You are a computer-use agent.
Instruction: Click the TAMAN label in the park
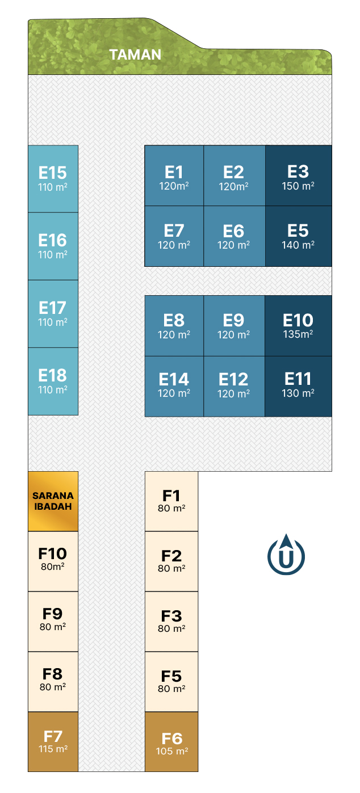point(135,54)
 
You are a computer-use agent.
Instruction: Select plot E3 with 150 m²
point(299,175)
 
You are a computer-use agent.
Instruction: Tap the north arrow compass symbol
point(286,554)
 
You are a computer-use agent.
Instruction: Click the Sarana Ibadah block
point(53,501)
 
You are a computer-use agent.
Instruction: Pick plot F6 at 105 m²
point(171,741)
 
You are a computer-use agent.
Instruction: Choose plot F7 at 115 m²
point(53,741)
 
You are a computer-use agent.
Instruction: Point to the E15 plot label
point(52,173)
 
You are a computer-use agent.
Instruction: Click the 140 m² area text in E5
point(298,245)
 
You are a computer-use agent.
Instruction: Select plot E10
point(298,326)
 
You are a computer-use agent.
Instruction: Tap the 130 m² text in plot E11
point(298,393)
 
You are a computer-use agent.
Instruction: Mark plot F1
point(171,501)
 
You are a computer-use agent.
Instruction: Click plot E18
point(53,381)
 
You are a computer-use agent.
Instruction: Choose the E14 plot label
point(174,379)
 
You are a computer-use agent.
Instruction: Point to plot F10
point(53,561)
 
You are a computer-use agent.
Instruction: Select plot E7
point(174,236)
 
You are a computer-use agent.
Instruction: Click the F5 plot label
point(171,676)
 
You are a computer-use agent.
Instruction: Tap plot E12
point(234,386)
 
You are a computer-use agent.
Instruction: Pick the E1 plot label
point(174,173)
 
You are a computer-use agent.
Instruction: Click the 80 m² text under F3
point(171,628)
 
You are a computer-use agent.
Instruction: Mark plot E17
point(53,314)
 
